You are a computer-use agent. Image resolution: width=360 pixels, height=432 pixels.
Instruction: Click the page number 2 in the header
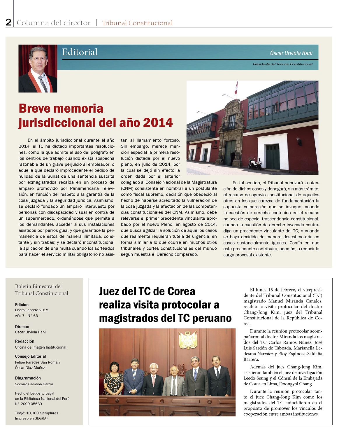tap(8, 22)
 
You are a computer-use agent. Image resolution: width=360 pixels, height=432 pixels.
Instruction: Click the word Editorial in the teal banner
tap(80, 52)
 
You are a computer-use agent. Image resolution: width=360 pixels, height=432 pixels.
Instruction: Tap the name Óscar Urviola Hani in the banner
tap(291, 53)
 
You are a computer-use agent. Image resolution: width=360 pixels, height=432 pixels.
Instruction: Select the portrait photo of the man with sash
tap(38, 69)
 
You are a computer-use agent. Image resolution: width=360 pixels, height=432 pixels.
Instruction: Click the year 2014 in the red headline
tap(158, 123)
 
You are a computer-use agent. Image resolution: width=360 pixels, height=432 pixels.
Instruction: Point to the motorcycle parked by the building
tap(255, 164)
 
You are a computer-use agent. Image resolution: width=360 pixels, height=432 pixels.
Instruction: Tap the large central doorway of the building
tap(230, 153)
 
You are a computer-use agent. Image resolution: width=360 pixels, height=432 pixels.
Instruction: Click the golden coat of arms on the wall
tap(188, 340)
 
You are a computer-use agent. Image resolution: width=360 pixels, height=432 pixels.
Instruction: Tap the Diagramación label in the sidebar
tap(28, 378)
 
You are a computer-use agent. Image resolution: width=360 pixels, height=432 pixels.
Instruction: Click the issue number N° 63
tap(33, 316)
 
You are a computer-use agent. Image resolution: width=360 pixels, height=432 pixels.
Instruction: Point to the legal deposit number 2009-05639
tap(29, 404)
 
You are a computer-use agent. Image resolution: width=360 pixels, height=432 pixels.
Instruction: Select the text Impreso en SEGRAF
tap(31, 418)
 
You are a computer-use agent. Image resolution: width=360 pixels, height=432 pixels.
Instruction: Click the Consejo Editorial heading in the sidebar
tap(30, 356)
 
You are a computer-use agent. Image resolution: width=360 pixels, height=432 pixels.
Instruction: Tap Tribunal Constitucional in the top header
tap(137, 23)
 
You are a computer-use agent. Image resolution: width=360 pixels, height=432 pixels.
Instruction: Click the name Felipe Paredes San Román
tap(37, 362)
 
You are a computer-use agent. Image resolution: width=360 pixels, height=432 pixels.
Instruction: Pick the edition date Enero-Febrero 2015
tap(31, 310)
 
